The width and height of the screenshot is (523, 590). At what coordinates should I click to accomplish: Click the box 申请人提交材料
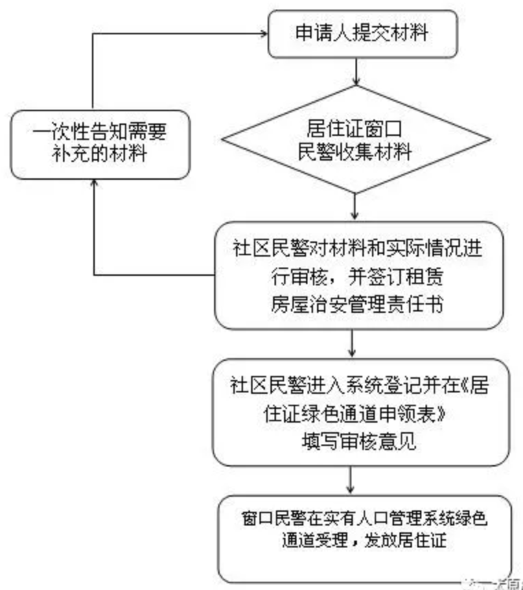click(x=354, y=32)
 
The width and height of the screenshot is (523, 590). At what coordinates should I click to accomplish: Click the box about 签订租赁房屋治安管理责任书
click(x=353, y=274)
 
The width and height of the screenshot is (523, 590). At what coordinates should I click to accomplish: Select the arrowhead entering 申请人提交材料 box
click(x=260, y=33)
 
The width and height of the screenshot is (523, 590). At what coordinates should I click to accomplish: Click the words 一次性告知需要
click(x=100, y=130)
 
